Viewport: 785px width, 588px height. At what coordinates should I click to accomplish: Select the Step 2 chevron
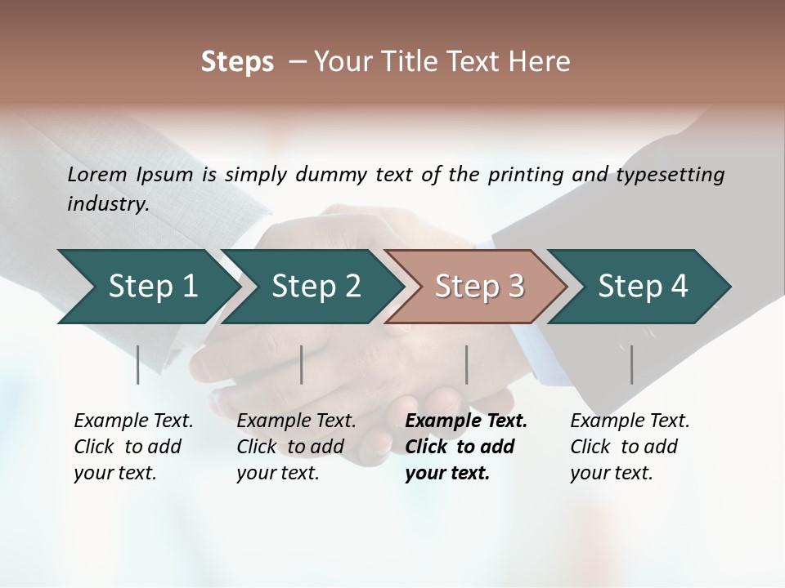click(x=311, y=287)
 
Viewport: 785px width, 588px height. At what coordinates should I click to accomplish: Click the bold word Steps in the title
click(x=237, y=62)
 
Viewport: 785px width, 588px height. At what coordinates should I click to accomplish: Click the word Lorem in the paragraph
click(x=96, y=174)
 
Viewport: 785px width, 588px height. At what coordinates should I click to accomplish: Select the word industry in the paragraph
click(x=107, y=204)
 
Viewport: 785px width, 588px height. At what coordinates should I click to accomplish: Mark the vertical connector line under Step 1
click(x=138, y=364)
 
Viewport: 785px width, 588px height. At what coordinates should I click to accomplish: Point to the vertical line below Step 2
click(x=302, y=364)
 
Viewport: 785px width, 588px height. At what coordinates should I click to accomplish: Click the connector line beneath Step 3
click(x=467, y=364)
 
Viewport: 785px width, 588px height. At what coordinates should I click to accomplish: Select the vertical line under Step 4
click(x=632, y=364)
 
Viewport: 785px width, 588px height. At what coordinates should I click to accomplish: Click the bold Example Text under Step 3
click(x=466, y=421)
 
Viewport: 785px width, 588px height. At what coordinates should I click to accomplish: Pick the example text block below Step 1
click(x=133, y=447)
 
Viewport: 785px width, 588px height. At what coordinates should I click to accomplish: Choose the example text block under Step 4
click(x=630, y=447)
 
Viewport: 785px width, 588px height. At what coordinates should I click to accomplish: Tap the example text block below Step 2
click(x=296, y=447)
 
